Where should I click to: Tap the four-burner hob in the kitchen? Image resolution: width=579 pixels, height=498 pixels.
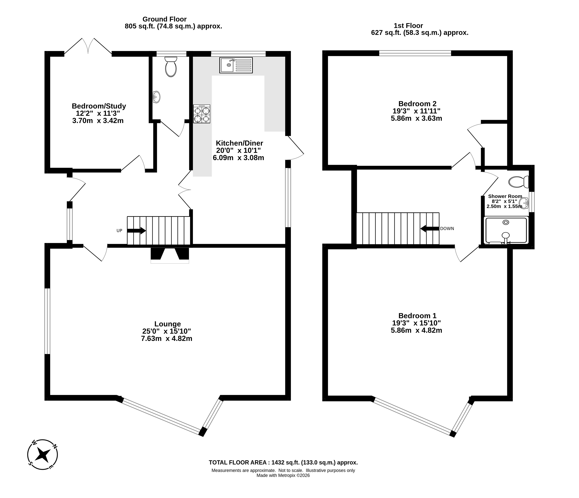click(x=201, y=114)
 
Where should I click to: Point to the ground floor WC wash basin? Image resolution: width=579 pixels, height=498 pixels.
click(x=157, y=97)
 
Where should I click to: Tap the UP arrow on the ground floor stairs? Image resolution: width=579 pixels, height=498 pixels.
click(x=136, y=231)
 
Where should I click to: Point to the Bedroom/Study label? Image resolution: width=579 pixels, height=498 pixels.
click(x=99, y=106)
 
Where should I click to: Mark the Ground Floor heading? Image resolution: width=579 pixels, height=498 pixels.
click(x=165, y=19)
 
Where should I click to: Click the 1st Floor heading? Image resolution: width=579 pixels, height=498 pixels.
click(x=409, y=26)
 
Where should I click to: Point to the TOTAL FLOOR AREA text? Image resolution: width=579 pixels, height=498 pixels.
click(x=283, y=462)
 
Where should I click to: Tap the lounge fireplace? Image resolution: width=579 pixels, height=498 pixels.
click(x=170, y=255)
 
